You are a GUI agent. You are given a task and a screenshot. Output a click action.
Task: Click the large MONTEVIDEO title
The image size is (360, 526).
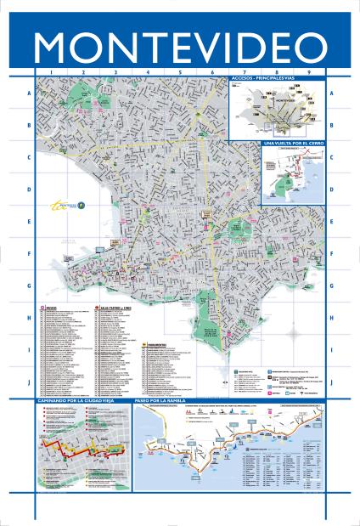coord(180,48)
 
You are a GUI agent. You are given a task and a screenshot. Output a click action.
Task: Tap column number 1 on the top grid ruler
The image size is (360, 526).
coord(50,73)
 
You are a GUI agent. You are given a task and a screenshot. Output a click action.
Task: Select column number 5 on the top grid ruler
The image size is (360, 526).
coord(180,73)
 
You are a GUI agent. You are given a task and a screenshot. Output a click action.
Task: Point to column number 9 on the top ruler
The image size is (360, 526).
coord(309,73)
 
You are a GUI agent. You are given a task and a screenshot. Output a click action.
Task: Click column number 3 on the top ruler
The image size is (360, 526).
coord(115,73)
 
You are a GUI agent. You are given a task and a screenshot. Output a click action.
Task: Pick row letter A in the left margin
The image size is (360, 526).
coord(30,93)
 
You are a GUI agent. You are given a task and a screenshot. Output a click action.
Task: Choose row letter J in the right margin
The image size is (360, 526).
coord(332,382)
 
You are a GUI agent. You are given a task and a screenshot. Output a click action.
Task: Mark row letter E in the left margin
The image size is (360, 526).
coord(30,222)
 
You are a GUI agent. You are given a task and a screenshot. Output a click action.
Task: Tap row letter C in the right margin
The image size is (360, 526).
coord(332,157)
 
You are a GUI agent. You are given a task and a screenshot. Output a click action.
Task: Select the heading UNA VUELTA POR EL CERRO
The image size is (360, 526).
coord(293,144)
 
